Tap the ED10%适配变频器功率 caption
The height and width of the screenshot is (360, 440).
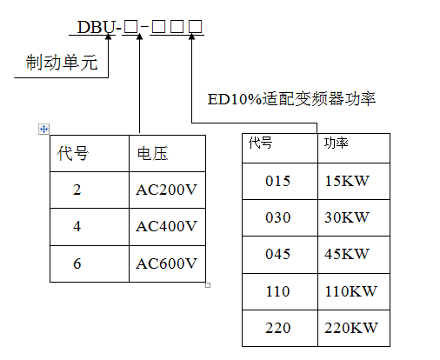pyautogui.click(x=291, y=98)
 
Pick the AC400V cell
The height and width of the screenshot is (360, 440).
pyautogui.click(x=166, y=227)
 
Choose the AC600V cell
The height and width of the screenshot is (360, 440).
pyautogui.click(x=166, y=263)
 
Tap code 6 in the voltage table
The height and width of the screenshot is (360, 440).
pyautogui.click(x=77, y=263)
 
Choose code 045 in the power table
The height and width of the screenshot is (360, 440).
pyautogui.click(x=277, y=254)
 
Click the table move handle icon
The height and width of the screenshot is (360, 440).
pyautogui.click(x=43, y=129)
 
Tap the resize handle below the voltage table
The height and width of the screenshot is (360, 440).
pyautogui.click(x=207, y=283)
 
